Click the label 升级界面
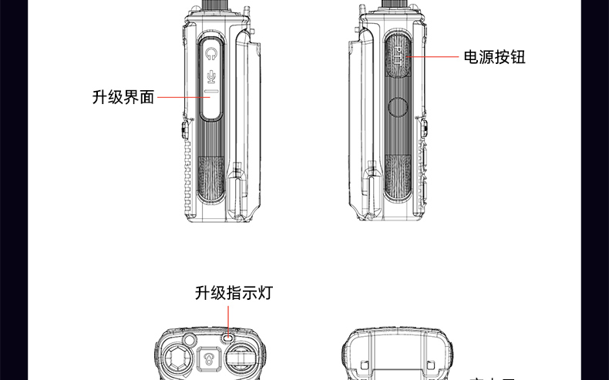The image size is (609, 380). tap(123, 97)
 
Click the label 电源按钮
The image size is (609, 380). tap(494, 56)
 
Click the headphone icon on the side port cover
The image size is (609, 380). tap(212, 53)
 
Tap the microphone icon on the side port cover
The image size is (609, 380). tap(212, 76)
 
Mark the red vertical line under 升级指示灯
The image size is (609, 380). tap(229, 318)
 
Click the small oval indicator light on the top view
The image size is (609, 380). tap(228, 337)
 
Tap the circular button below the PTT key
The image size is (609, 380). tap(399, 107)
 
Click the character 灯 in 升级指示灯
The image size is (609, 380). tap(265, 293)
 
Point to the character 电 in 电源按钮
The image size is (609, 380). tap(471, 56)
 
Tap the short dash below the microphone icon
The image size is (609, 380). tap(212, 91)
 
